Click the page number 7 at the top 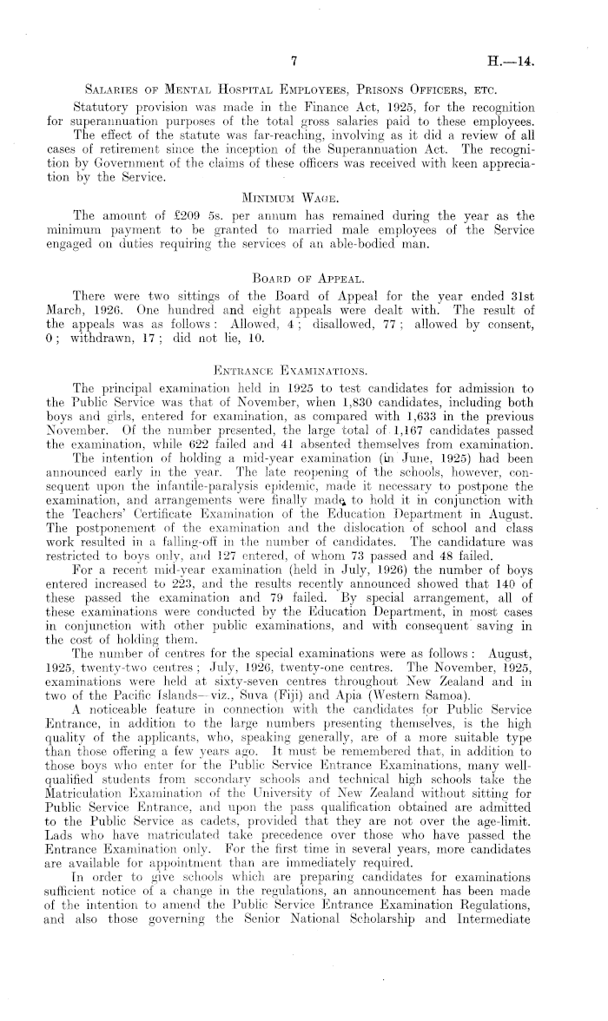pos(295,60)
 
